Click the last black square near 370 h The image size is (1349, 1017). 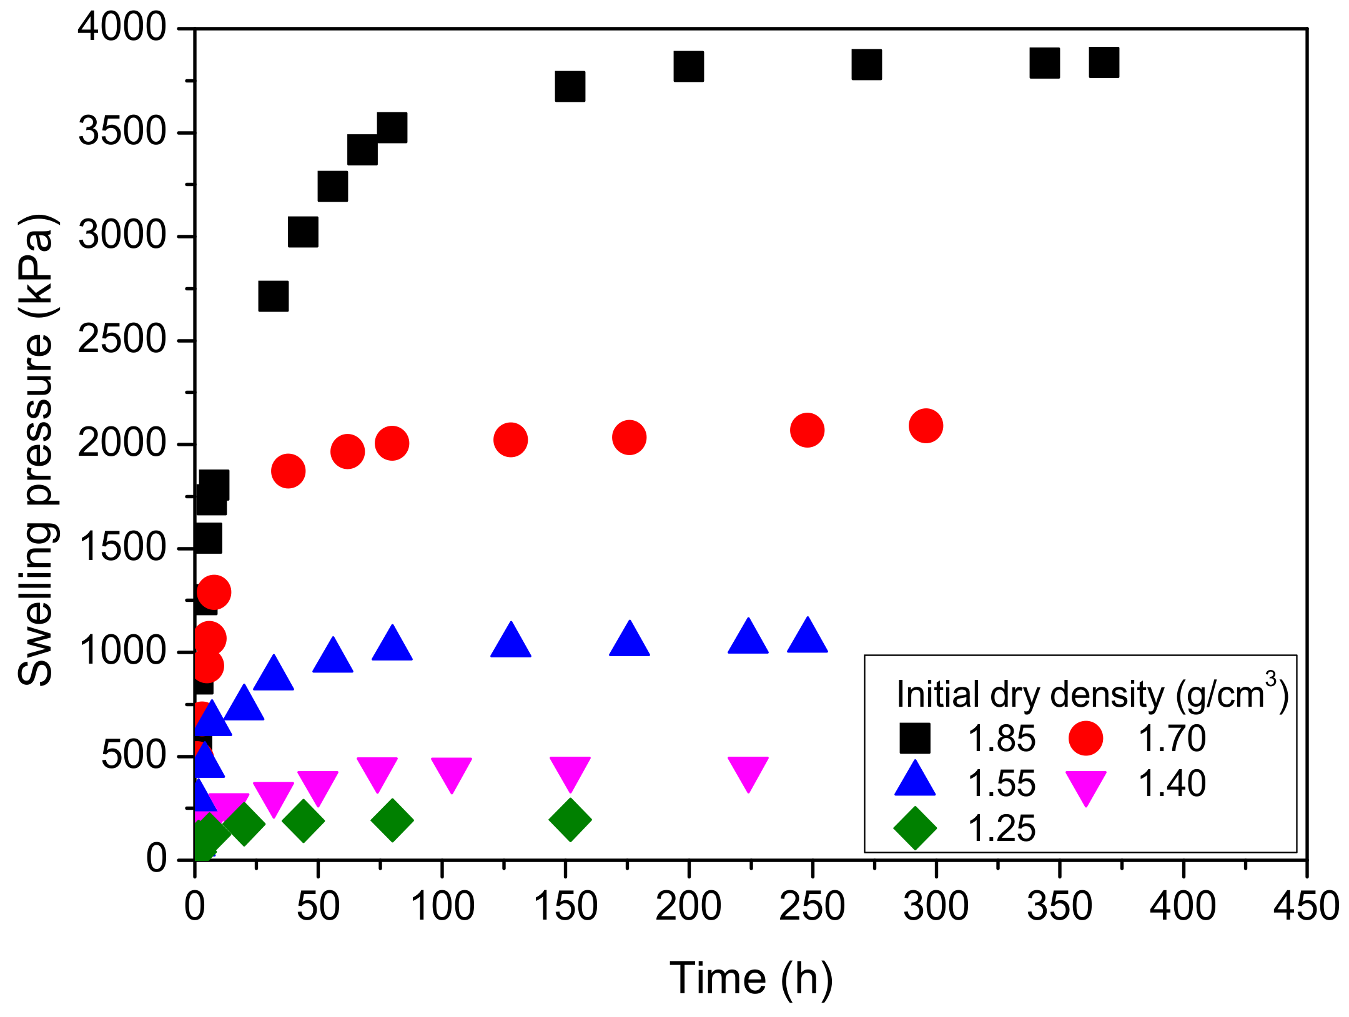pos(1104,62)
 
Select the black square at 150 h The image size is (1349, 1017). pos(570,86)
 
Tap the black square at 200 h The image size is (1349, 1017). pos(688,67)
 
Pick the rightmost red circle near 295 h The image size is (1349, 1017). pos(926,426)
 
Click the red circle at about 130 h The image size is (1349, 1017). pos(510,440)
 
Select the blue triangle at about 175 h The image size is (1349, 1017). pos(629,640)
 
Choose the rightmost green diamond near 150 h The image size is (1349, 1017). pos(570,819)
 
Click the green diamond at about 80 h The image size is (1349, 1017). pos(392,819)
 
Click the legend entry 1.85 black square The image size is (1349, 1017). pos(914,738)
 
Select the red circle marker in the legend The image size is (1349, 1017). pos(1085,738)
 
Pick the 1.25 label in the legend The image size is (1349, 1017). pos(1001,829)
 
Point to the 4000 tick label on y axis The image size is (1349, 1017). pos(122,28)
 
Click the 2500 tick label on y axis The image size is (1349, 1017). pos(122,340)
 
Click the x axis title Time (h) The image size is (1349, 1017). pos(751,978)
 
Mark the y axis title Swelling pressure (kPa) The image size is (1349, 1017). pos(36,450)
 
